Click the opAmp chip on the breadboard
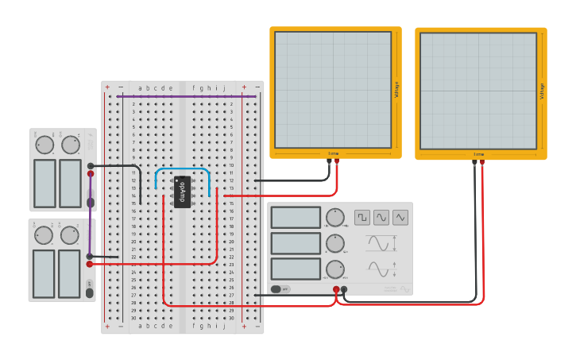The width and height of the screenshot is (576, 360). (182, 192)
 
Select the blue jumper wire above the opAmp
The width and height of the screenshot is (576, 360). (183, 169)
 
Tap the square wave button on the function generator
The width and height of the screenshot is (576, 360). (362, 217)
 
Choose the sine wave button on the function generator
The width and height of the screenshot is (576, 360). (381, 217)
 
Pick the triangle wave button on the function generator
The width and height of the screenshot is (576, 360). (400, 217)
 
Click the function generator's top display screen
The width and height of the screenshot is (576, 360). (296, 218)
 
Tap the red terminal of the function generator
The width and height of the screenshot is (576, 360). (336, 289)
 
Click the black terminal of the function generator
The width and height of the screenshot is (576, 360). (344, 289)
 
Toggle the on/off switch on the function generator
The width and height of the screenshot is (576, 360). (280, 288)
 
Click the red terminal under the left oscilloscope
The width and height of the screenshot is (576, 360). (337, 162)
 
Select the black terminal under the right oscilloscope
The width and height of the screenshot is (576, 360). (474, 162)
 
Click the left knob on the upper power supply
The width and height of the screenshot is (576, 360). (44, 145)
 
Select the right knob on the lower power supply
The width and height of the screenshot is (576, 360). (70, 235)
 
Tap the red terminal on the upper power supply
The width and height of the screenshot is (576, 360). (91, 173)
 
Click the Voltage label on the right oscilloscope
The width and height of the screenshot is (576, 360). (543, 91)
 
